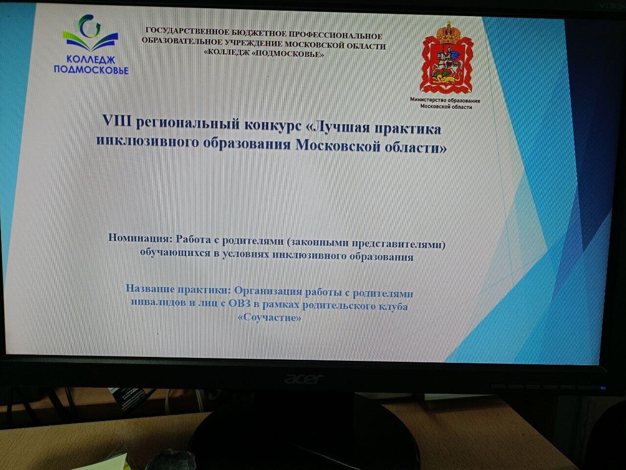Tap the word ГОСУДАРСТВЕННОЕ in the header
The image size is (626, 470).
click(186, 31)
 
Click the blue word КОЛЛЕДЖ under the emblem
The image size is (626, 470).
click(91, 59)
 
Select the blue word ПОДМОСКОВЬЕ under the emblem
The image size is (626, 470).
click(91, 70)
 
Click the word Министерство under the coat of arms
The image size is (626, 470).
click(428, 100)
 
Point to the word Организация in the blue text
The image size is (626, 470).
click(268, 292)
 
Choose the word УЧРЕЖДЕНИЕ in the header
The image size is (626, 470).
click(253, 44)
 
